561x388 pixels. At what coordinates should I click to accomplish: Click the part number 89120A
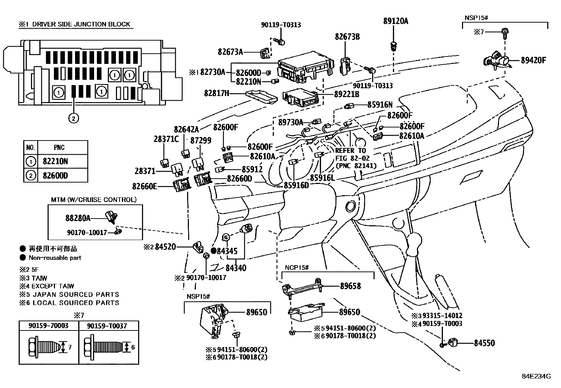(x=395, y=21)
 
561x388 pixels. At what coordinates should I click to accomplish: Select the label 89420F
(x=533, y=60)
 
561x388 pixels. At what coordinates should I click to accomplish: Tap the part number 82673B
(x=347, y=36)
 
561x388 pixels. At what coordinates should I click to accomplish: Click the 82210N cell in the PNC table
(x=55, y=161)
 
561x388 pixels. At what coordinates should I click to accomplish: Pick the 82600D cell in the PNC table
(x=55, y=175)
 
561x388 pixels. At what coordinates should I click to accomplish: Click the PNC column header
(x=59, y=148)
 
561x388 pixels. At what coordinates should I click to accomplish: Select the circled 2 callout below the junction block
(x=73, y=118)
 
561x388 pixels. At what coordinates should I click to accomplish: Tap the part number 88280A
(x=78, y=218)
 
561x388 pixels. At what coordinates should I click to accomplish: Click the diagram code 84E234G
(x=536, y=376)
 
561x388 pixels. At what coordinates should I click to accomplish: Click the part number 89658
(x=350, y=286)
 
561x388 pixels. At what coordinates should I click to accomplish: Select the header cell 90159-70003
(x=49, y=326)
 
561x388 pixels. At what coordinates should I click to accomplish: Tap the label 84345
(x=227, y=251)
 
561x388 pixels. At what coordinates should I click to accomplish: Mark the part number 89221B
(x=347, y=94)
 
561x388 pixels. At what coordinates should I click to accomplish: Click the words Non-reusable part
(x=55, y=258)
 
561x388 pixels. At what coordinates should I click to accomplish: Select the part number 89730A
(x=290, y=122)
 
